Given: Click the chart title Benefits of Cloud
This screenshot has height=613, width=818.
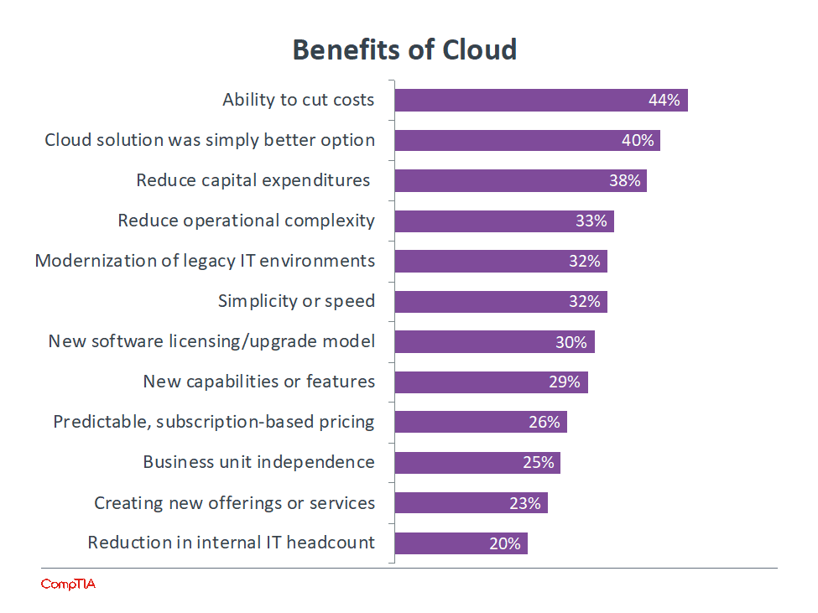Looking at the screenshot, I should (404, 49).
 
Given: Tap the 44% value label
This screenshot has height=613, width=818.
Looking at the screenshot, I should (664, 101).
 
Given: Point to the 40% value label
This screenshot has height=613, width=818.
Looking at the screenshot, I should (638, 141).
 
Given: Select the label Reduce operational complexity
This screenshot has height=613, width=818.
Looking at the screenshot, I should (246, 221).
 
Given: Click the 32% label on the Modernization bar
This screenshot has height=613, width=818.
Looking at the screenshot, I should (585, 262).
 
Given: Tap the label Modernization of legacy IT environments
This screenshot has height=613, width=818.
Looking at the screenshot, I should (205, 261).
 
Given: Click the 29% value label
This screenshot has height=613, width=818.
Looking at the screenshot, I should (565, 382).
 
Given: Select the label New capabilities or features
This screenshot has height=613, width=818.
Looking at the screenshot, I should (258, 382).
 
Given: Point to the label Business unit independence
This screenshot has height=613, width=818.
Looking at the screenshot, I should (258, 462).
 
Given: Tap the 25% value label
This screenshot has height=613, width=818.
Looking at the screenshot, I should (538, 463).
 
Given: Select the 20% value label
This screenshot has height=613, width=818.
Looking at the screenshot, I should (505, 543).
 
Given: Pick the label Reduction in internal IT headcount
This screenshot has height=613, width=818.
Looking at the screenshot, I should (231, 543).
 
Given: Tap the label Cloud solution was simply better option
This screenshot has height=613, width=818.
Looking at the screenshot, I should (210, 140).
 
